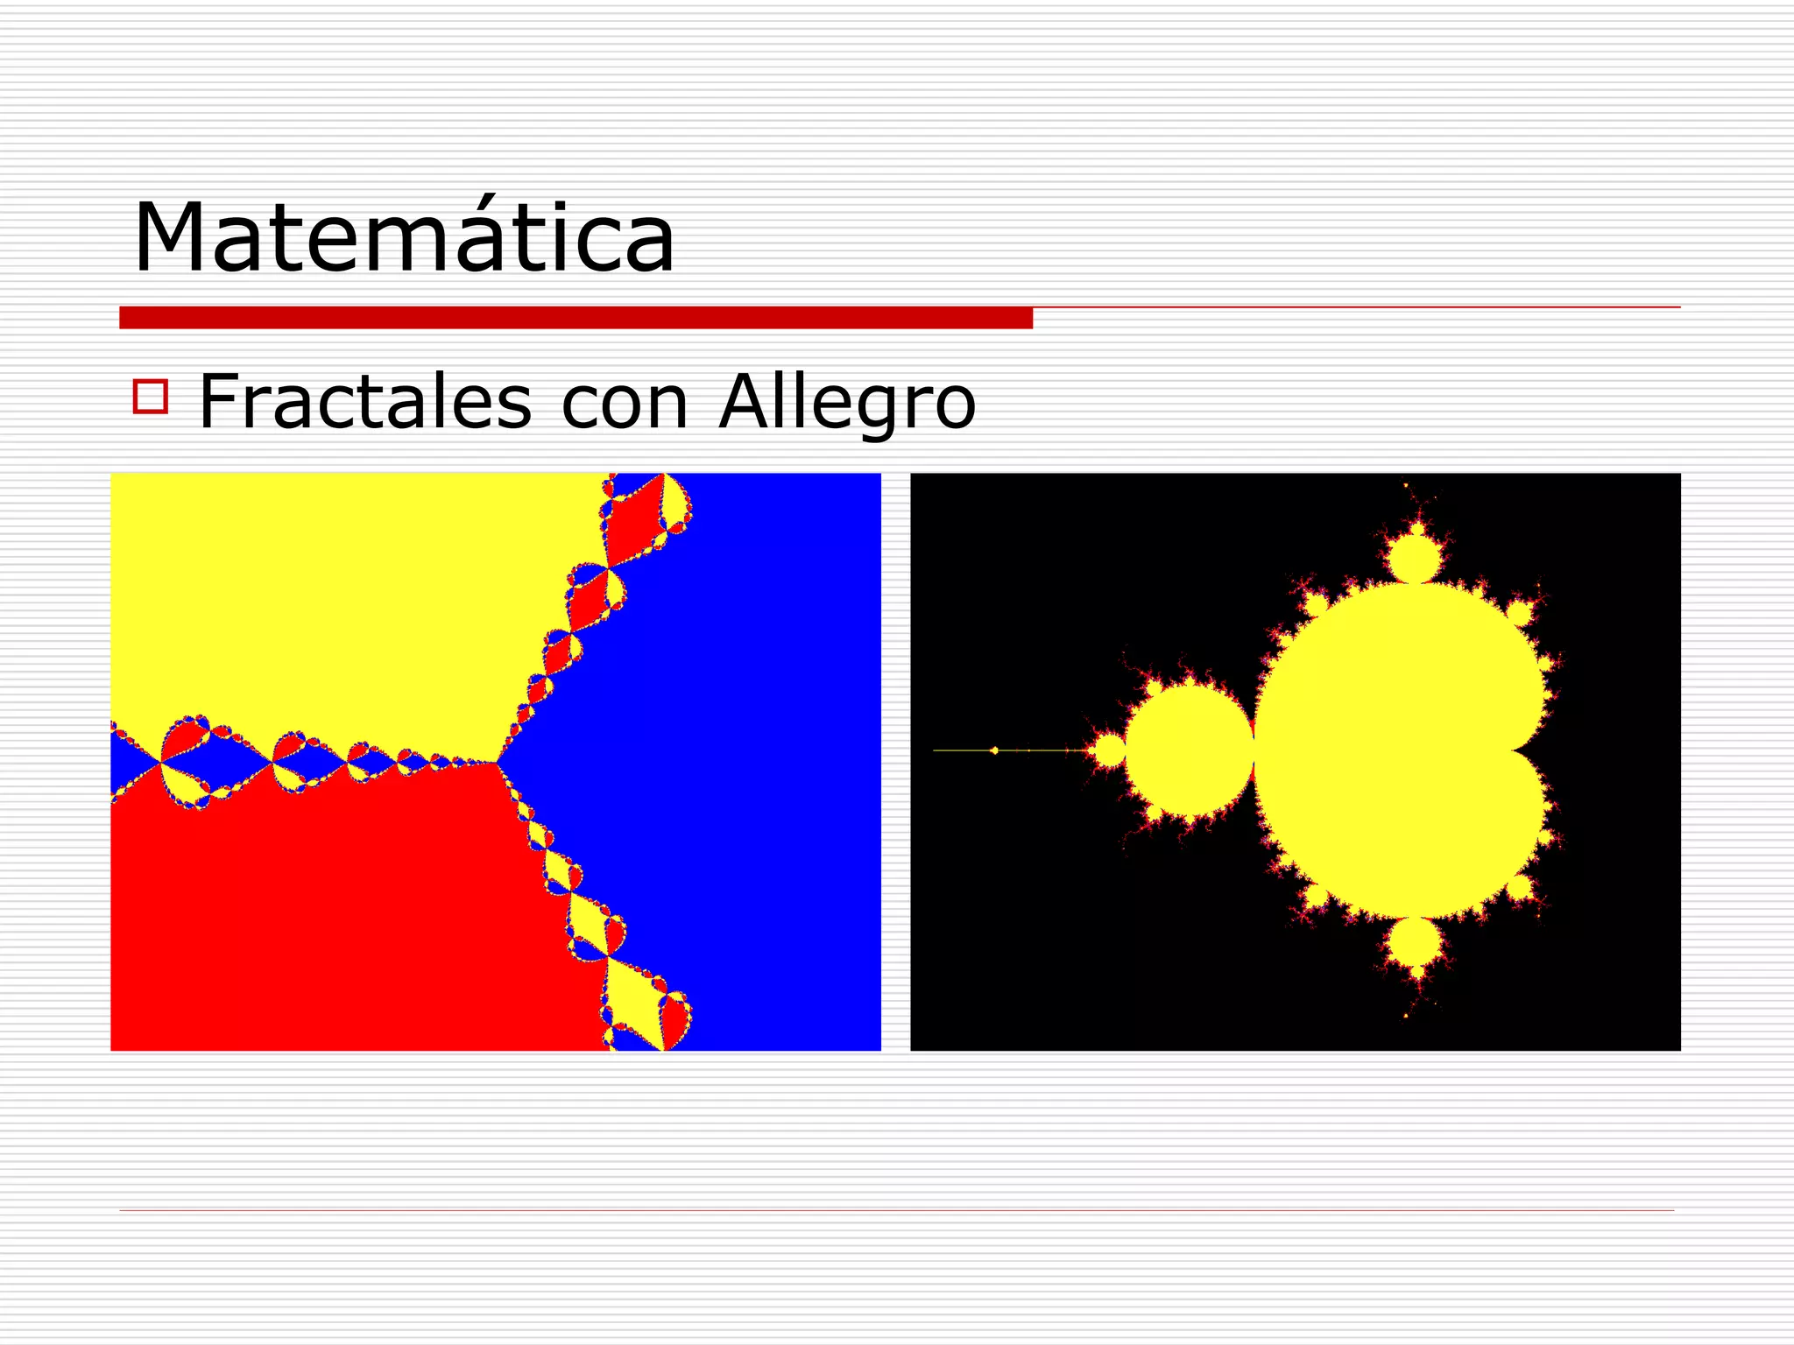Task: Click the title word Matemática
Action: tap(404, 238)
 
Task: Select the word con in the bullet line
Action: tap(625, 404)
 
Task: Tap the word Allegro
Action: tap(846, 404)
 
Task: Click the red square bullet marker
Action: tap(151, 396)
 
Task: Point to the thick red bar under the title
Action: tap(576, 318)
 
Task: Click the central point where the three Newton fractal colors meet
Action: tap(497, 763)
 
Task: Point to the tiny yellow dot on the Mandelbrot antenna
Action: tap(994, 750)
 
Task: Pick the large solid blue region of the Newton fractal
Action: tap(745, 762)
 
